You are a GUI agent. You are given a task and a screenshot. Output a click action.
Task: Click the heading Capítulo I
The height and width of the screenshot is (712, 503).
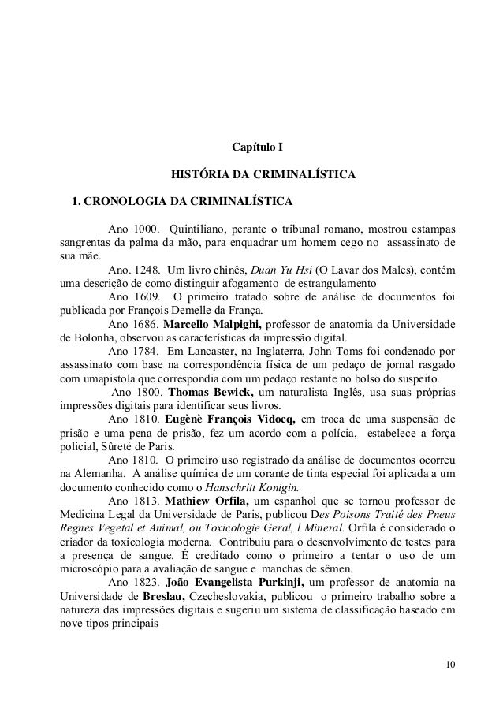coord(257,147)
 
